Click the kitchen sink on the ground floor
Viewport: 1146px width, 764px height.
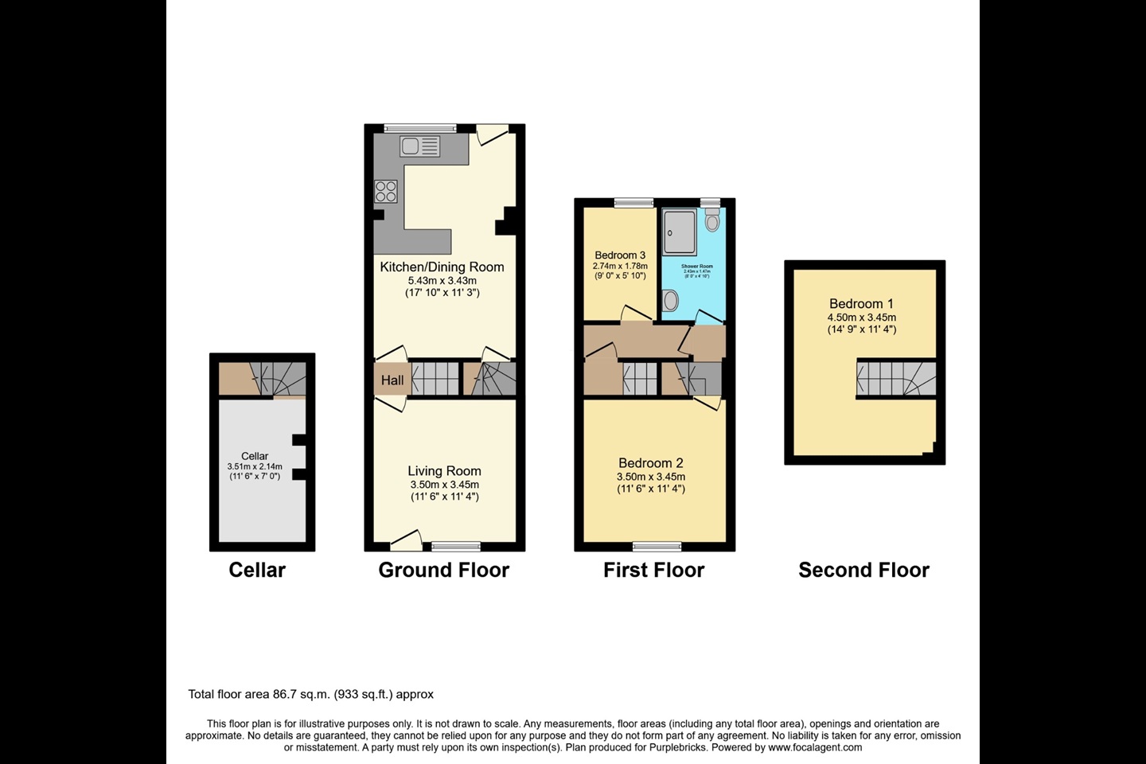point(420,146)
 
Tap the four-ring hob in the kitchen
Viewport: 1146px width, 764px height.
point(386,191)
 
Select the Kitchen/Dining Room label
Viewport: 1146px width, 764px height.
point(442,267)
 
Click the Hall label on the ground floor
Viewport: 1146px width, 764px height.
point(392,380)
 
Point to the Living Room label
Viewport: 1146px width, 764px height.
point(444,471)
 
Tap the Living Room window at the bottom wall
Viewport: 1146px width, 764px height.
point(456,546)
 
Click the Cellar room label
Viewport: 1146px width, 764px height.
point(255,456)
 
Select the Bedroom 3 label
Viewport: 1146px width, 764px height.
point(620,255)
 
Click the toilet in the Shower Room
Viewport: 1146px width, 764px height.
point(712,220)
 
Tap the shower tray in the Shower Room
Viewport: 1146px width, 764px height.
point(679,232)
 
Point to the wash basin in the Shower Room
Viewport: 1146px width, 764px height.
point(670,300)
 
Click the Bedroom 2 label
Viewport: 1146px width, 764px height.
point(651,463)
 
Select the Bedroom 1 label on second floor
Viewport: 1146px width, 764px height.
point(861,304)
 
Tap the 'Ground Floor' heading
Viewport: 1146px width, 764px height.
point(443,570)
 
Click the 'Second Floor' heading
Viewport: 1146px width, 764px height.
point(863,570)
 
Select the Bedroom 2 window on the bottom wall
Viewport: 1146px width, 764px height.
point(657,546)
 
